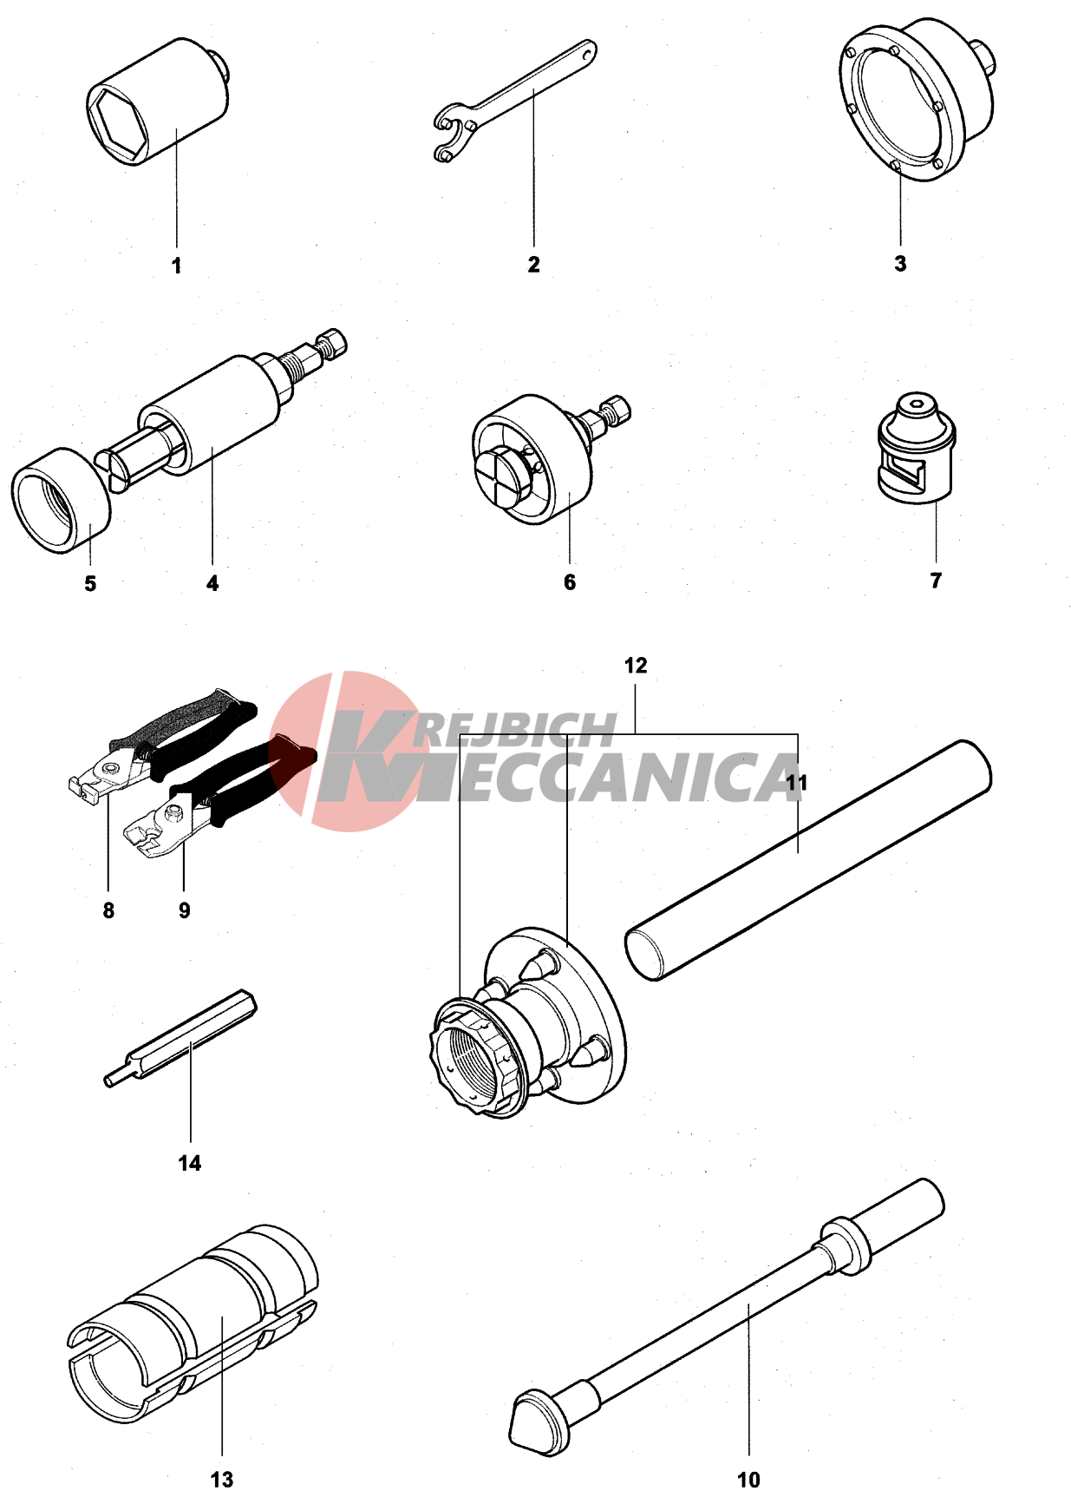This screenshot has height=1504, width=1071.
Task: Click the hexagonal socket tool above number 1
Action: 158,102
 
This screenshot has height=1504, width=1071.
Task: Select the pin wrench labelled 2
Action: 515,100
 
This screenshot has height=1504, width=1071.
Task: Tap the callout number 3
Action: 900,263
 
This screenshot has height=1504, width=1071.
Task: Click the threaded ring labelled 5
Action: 62,501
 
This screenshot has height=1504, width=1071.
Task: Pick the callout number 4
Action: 212,583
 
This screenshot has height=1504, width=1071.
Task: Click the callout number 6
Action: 570,581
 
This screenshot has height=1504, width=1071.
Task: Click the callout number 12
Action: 636,666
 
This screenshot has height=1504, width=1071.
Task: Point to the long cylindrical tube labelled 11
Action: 808,860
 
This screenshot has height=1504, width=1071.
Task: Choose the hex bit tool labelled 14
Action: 180,1038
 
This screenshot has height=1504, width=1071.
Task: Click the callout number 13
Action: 222,1480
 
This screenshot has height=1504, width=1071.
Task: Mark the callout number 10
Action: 748,1480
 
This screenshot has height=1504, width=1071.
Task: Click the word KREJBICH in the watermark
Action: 514,732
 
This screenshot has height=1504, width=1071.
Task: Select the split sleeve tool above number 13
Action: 193,1324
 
